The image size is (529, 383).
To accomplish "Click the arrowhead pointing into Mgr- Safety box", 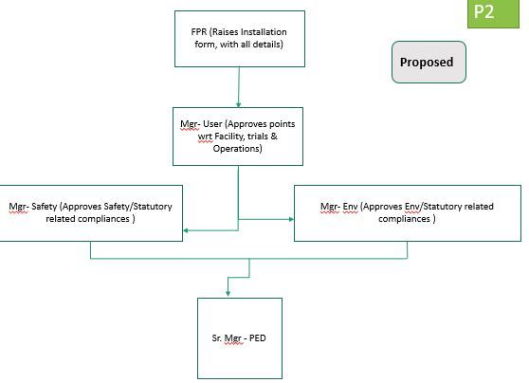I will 186,229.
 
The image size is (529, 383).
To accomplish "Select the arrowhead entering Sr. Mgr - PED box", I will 228,293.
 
